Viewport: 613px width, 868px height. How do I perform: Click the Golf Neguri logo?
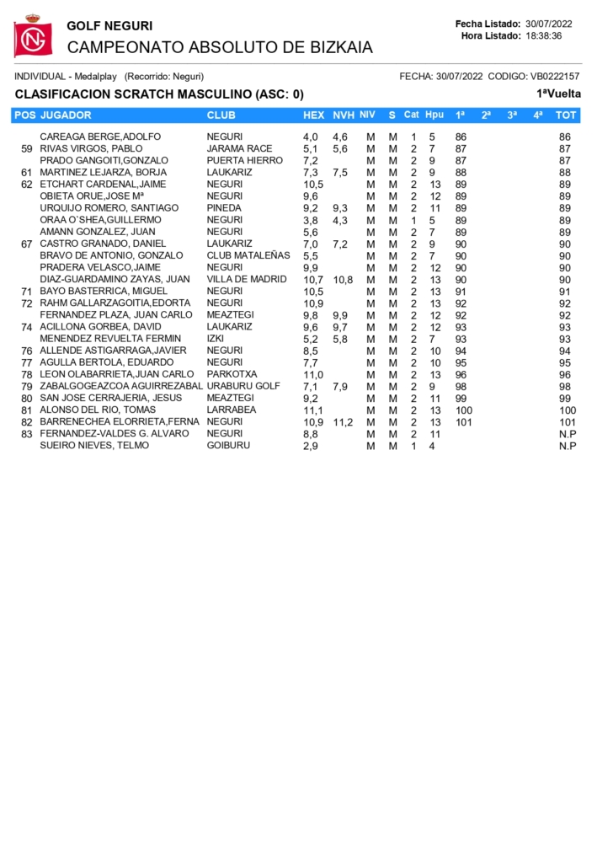pos(32,36)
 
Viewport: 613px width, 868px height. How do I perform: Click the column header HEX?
pos(313,115)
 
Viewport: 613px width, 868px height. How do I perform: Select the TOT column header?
pos(567,115)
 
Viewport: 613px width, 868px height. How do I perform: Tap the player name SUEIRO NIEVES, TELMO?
pos(94,445)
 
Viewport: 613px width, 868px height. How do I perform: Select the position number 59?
pos(26,148)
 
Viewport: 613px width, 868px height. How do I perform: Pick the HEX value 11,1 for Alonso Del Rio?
pos(312,410)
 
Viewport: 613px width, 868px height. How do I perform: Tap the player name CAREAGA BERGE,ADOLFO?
pos(100,137)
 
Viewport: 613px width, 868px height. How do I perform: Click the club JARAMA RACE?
pos(239,148)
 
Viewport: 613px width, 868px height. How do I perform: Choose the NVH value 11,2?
pos(343,422)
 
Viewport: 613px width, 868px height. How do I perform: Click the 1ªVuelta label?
pos(559,94)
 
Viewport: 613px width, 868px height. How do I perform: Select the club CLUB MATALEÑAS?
pos(248,255)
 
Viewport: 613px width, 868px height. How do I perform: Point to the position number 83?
pos(26,433)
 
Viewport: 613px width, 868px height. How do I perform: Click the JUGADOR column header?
pos(66,115)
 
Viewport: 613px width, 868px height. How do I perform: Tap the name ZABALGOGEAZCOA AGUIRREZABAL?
pos(121,386)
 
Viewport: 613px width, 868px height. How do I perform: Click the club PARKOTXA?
pos(232,374)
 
